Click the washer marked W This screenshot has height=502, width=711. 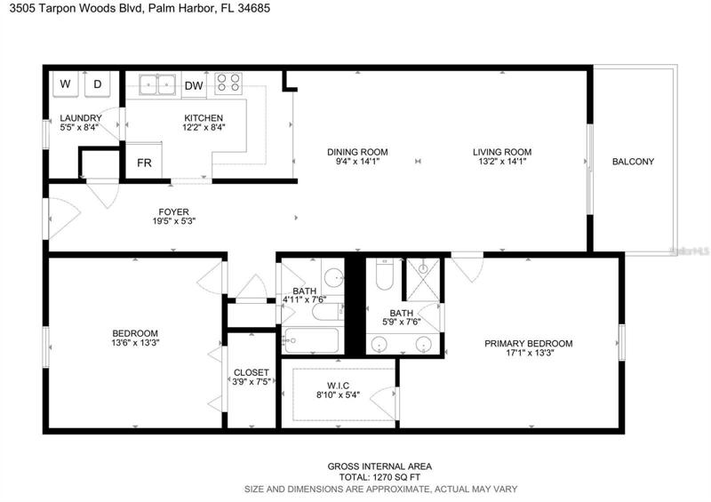coord(66,84)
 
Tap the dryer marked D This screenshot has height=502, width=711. coord(98,84)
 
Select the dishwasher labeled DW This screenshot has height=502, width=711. coord(194,85)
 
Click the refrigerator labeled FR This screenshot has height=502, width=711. coord(144,161)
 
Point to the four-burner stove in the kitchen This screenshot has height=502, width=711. coord(228,84)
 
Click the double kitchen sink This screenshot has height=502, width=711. coord(157,84)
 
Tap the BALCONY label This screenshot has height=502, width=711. coord(633,162)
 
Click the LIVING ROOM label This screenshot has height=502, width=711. coord(502,152)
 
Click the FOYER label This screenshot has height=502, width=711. coord(173,211)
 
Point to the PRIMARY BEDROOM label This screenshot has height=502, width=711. coord(528,343)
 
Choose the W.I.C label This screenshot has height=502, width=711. coord(339,386)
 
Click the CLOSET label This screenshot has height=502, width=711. coord(252,372)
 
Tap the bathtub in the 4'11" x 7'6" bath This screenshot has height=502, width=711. coord(310,340)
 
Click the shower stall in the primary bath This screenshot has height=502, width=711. coord(423,279)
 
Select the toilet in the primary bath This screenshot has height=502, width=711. coord(385,275)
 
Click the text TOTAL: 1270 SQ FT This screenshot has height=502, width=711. coord(380,477)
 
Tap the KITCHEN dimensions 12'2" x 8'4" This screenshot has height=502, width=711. coord(204,127)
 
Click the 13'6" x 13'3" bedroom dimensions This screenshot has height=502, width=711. coord(135,343)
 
